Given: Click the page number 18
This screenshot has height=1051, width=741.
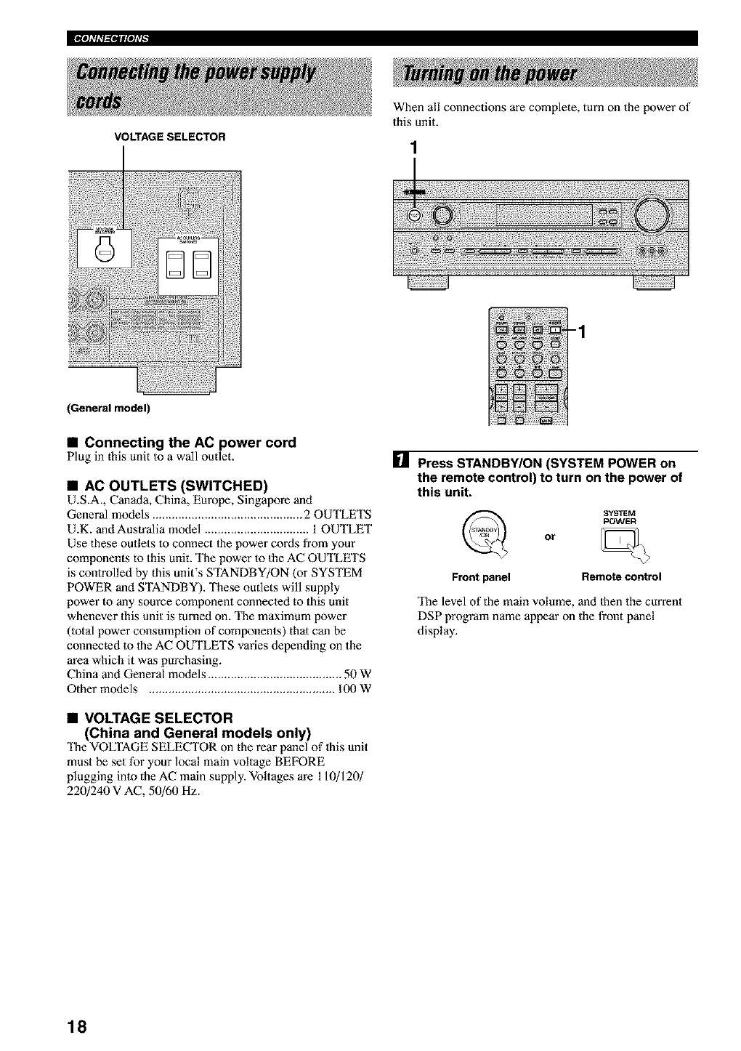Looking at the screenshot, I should click(x=77, y=1027).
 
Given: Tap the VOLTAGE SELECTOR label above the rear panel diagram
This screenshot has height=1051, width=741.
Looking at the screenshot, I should click(x=168, y=136).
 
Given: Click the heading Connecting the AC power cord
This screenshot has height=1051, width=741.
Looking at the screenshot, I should click(x=190, y=443).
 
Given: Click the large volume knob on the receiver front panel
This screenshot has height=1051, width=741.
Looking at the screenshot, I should click(x=652, y=214).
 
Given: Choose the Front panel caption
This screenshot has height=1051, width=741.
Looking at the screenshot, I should click(x=481, y=578).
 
